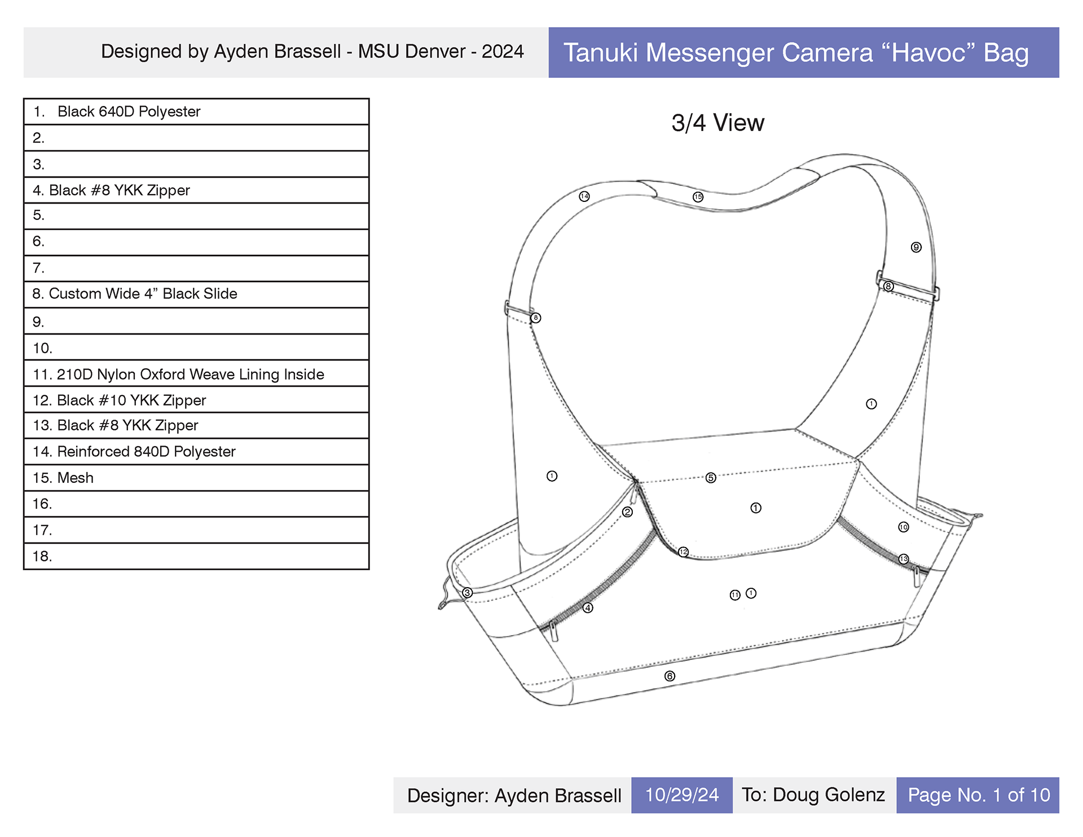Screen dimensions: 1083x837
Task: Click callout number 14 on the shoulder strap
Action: (584, 196)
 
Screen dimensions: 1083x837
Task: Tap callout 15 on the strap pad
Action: (698, 197)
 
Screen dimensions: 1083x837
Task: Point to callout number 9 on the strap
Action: (916, 247)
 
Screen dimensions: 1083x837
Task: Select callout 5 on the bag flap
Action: (711, 478)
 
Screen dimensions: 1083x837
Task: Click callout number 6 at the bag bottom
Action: (670, 676)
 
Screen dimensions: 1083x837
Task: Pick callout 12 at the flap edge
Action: (683, 552)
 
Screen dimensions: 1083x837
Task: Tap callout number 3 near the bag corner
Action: (467, 593)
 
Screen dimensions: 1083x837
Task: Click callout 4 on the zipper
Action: (588, 607)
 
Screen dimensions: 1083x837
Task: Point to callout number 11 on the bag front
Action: (734, 595)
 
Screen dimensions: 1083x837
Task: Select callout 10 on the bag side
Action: (903, 527)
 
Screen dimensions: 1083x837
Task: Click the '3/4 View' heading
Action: (717, 123)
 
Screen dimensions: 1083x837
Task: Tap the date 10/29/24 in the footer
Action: (681, 795)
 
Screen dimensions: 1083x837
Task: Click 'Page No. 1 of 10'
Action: (978, 795)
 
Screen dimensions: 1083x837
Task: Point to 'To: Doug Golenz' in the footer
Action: (813, 795)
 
